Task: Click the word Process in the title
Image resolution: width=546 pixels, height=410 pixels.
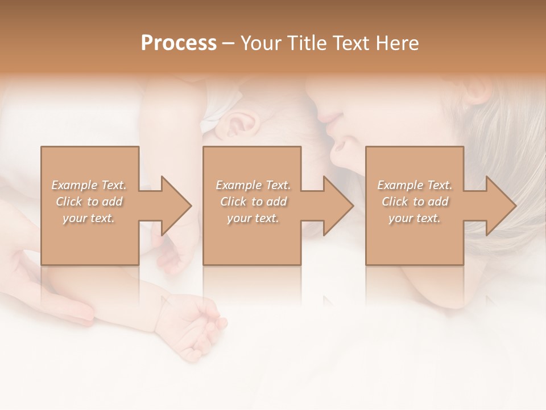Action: (179, 43)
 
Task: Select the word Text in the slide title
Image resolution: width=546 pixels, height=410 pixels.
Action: (353, 43)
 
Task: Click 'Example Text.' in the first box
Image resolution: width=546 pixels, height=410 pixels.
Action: (89, 185)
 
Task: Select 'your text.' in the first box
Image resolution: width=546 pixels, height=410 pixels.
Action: (89, 218)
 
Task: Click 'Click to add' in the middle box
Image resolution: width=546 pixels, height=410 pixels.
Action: (253, 202)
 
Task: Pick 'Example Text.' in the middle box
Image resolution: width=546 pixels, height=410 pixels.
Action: (253, 185)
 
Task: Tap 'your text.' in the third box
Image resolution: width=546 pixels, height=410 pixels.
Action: (415, 218)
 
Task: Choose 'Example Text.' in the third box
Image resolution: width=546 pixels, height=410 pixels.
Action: (415, 185)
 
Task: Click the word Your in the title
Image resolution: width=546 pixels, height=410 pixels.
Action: (259, 43)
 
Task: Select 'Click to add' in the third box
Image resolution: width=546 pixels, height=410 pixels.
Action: (415, 202)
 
